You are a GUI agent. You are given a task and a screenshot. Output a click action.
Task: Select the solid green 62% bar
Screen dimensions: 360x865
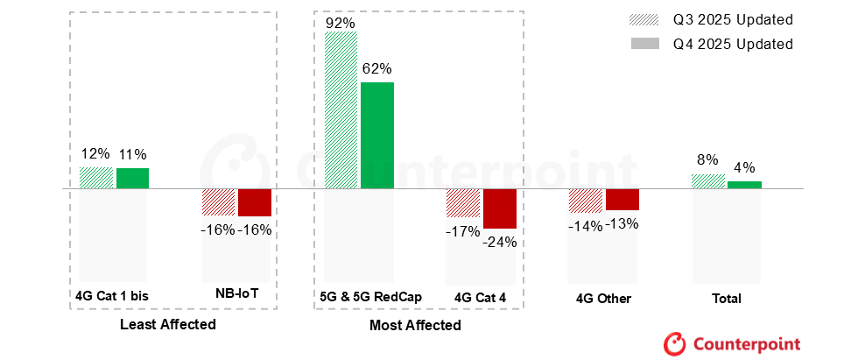[377, 135]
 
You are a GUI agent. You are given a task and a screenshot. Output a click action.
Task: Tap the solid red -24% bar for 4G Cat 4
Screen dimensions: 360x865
[500, 208]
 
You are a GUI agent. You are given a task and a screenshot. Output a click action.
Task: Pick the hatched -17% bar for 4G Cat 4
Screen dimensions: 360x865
[464, 203]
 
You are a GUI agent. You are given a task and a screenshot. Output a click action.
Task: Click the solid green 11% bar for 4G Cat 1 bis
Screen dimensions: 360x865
[132, 178]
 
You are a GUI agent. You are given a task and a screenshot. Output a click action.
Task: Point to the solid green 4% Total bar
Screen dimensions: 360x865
[744, 185]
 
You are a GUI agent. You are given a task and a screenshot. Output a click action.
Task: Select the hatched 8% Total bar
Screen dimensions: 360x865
[708, 181]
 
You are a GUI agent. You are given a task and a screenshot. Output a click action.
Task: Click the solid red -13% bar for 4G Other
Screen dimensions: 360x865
[622, 200]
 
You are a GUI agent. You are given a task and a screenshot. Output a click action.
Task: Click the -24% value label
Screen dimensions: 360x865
[500, 242]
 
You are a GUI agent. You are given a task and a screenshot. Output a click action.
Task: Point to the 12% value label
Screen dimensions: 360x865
[95, 154]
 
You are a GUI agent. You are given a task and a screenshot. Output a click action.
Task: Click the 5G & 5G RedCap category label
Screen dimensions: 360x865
[371, 297]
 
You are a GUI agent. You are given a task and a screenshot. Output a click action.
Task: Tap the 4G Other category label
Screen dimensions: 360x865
[603, 299]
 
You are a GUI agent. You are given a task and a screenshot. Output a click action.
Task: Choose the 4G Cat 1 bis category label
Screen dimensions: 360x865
[111, 296]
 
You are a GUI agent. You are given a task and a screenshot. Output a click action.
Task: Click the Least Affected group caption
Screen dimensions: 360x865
[167, 325]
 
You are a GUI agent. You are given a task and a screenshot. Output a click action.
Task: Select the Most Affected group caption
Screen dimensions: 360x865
[416, 325]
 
